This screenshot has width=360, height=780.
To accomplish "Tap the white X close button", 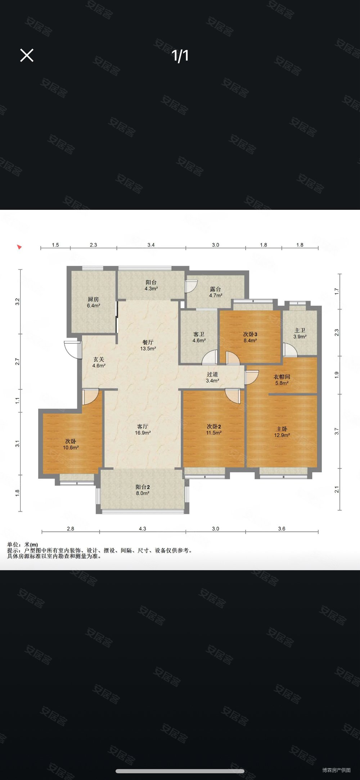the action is tap(27, 55).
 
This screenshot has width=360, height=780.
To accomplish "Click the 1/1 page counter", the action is tap(180, 56).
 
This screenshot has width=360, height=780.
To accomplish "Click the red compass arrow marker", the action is tap(19, 247).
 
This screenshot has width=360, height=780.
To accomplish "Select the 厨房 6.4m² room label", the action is tap(93, 302).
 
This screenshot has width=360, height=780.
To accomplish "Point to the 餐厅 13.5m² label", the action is tap(148, 345).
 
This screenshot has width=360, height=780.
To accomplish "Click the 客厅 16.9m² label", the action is tap(143, 429).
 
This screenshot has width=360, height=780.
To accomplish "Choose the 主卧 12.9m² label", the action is tap(282, 432).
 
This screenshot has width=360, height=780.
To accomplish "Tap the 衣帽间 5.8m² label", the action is tap(282, 380).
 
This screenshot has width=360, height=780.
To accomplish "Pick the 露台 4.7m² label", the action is tap(216, 292).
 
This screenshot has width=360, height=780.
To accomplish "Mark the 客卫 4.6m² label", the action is tap(199, 337).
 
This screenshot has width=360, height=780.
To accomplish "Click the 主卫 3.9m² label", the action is tap(300, 333).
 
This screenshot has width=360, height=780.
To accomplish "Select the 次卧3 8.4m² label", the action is tap(250, 337).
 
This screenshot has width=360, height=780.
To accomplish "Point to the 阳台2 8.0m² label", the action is tap(143, 490).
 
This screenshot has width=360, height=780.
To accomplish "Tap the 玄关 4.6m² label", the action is tap(99, 362).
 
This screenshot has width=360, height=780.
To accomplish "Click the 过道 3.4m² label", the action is tap(212, 377).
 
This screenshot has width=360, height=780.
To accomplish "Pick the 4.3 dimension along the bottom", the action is tap(143, 529).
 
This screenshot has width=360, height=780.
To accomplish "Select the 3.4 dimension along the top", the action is tap(151, 245).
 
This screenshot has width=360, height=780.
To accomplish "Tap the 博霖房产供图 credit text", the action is tap(336, 770).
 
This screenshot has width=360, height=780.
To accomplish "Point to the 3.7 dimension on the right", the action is tap(337, 431).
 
